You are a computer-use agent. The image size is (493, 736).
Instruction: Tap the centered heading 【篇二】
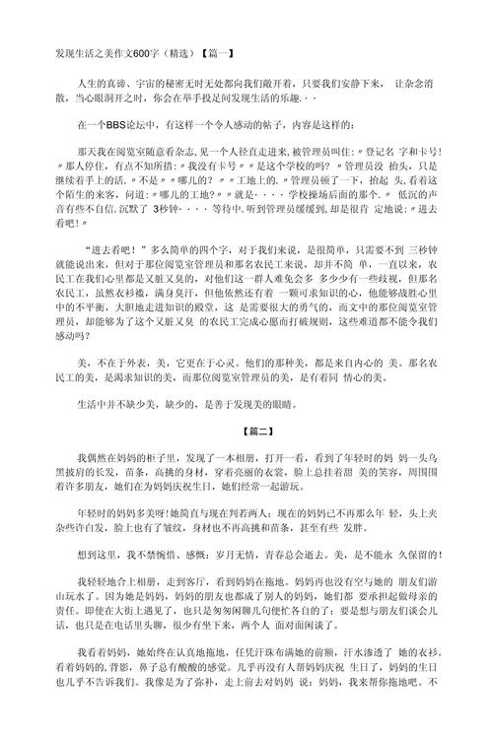246,431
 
